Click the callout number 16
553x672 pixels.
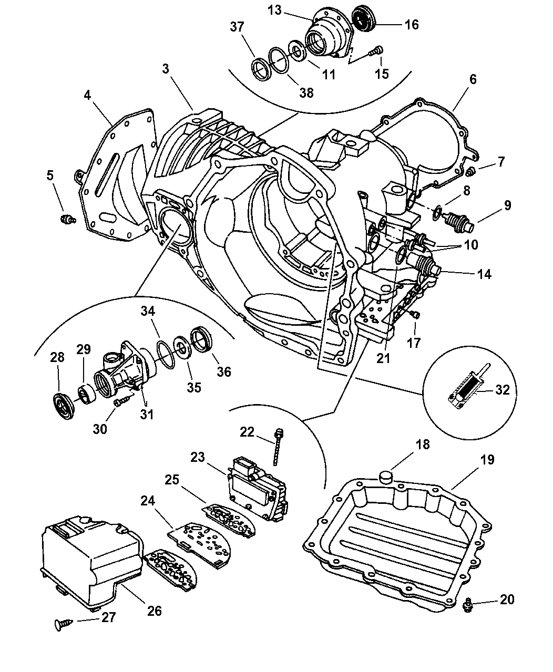[411, 25]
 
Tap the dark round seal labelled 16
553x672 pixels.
[364, 18]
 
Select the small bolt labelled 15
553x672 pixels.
[376, 51]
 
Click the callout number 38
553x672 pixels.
[306, 92]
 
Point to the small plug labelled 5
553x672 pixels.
[68, 219]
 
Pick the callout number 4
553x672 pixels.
[87, 95]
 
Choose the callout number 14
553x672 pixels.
[484, 274]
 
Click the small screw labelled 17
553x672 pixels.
[415, 315]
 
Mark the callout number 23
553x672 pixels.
[198, 457]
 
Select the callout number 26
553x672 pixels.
[154, 611]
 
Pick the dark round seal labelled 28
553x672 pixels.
[63, 406]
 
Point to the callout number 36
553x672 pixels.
[224, 371]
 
